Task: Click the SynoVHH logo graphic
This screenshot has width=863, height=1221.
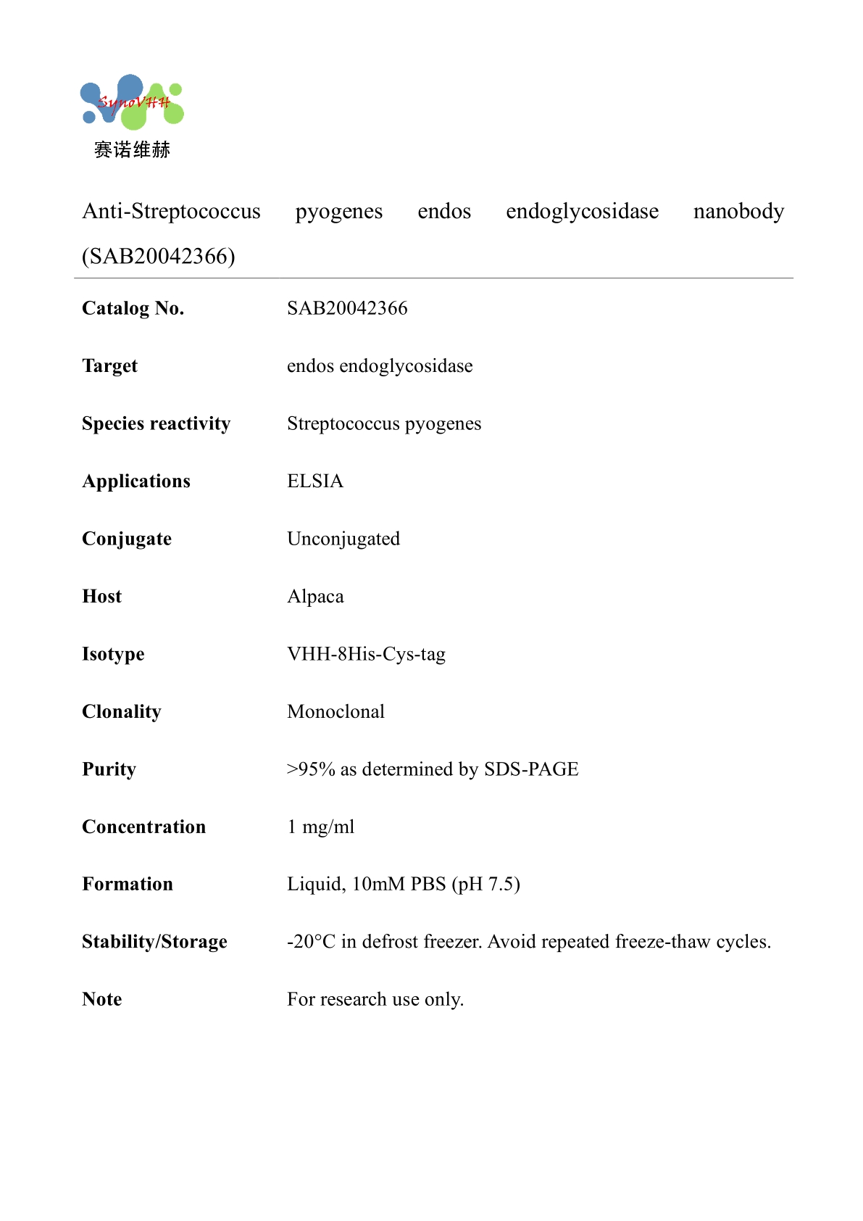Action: [x=132, y=102]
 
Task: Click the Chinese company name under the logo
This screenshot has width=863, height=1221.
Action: [x=132, y=150]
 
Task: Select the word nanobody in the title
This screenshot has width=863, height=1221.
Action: [x=738, y=211]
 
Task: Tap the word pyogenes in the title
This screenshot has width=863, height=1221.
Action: [x=338, y=212]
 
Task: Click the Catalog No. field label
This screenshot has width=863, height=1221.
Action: [x=133, y=308]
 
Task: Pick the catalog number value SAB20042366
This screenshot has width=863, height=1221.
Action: [x=347, y=308]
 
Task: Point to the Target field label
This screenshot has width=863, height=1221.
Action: [x=109, y=366]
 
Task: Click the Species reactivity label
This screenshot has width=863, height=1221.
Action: [x=156, y=423]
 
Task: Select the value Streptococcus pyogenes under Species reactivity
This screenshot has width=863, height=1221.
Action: [x=384, y=423]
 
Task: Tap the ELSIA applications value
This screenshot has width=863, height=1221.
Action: [x=315, y=481]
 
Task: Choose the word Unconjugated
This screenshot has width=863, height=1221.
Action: [x=343, y=539]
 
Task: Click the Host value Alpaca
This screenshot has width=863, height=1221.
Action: [x=315, y=597]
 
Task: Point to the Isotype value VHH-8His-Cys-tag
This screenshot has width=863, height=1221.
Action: [x=366, y=654]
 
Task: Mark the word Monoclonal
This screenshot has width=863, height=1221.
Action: [x=335, y=711]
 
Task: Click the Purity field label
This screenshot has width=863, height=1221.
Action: [x=109, y=769]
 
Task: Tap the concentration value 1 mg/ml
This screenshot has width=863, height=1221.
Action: [x=321, y=827]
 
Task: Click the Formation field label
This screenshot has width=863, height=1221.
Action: [x=128, y=884]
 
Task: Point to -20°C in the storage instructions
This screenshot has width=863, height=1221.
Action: [x=312, y=942]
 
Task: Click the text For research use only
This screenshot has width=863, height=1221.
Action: [x=375, y=999]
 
